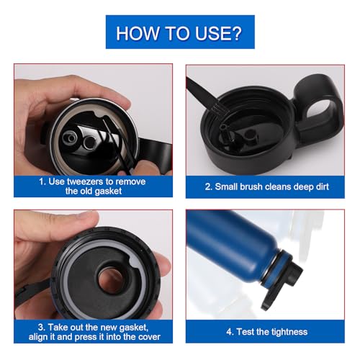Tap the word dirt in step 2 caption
[x=319, y=186]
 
